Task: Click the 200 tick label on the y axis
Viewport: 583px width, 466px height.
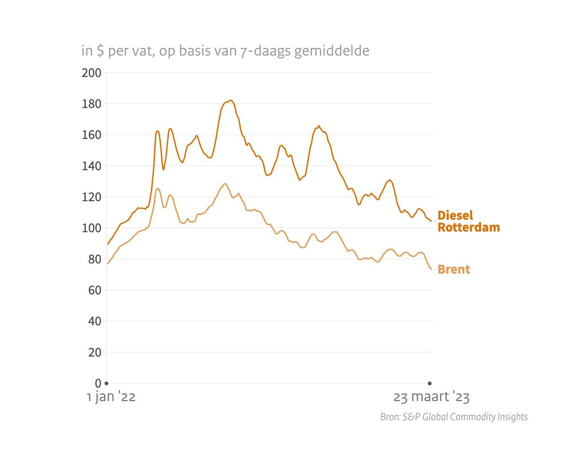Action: (91, 73)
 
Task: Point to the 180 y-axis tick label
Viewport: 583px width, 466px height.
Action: (91, 104)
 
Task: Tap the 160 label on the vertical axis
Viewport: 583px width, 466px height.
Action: (91, 135)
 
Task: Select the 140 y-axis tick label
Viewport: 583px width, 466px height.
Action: (91, 166)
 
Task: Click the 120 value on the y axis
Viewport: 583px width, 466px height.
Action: (91, 197)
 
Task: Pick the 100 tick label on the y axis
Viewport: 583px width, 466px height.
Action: (91, 228)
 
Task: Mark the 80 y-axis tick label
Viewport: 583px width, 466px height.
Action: (94, 259)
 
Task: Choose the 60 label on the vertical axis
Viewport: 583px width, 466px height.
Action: (94, 290)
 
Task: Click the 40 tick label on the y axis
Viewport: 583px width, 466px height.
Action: (94, 322)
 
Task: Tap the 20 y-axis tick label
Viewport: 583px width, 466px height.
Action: (94, 353)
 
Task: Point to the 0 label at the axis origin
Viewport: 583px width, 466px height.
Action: (98, 383)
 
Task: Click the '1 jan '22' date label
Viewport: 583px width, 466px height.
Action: (111, 397)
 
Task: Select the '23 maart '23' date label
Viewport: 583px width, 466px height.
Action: (431, 397)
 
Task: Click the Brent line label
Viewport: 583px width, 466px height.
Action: (454, 269)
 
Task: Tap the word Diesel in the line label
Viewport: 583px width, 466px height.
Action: (455, 215)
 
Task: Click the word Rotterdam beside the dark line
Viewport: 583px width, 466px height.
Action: (469, 227)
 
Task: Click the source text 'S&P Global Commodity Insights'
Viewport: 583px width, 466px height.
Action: (465, 417)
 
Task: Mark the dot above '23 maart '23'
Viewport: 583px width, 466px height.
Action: (430, 383)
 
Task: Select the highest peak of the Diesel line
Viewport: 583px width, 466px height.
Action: (230, 101)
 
